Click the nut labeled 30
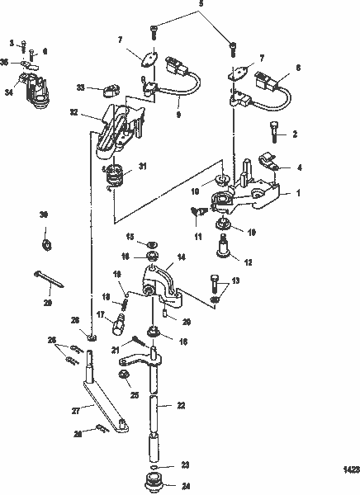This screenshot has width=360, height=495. tap(48, 243)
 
